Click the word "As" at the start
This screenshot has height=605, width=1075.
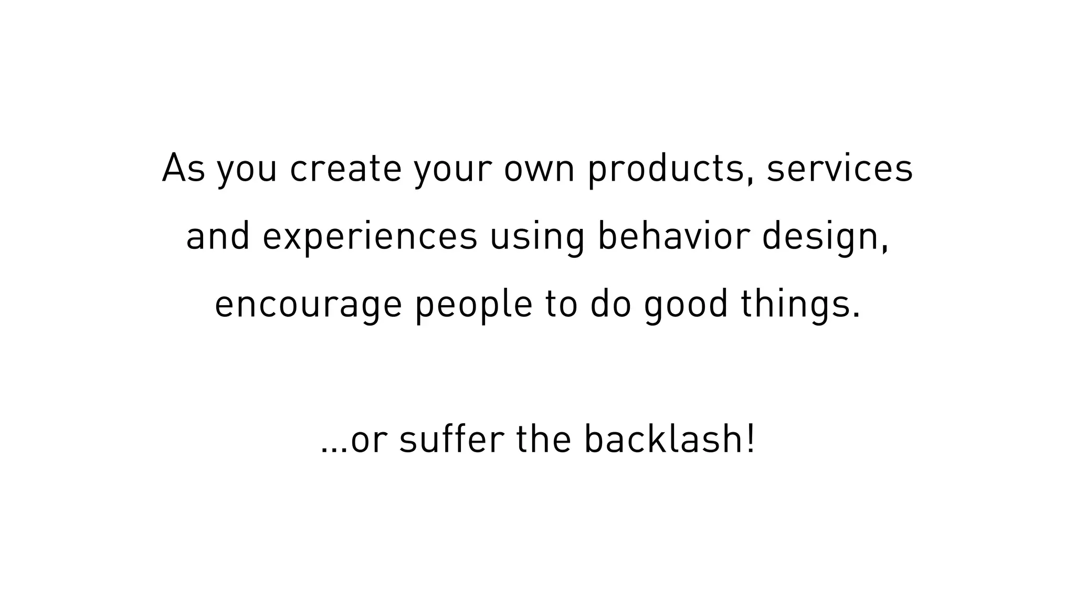click(x=183, y=169)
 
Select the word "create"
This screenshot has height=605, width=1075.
click(x=345, y=169)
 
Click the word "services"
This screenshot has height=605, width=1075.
click(x=839, y=169)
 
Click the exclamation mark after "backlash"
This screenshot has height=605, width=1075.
click(x=751, y=439)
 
